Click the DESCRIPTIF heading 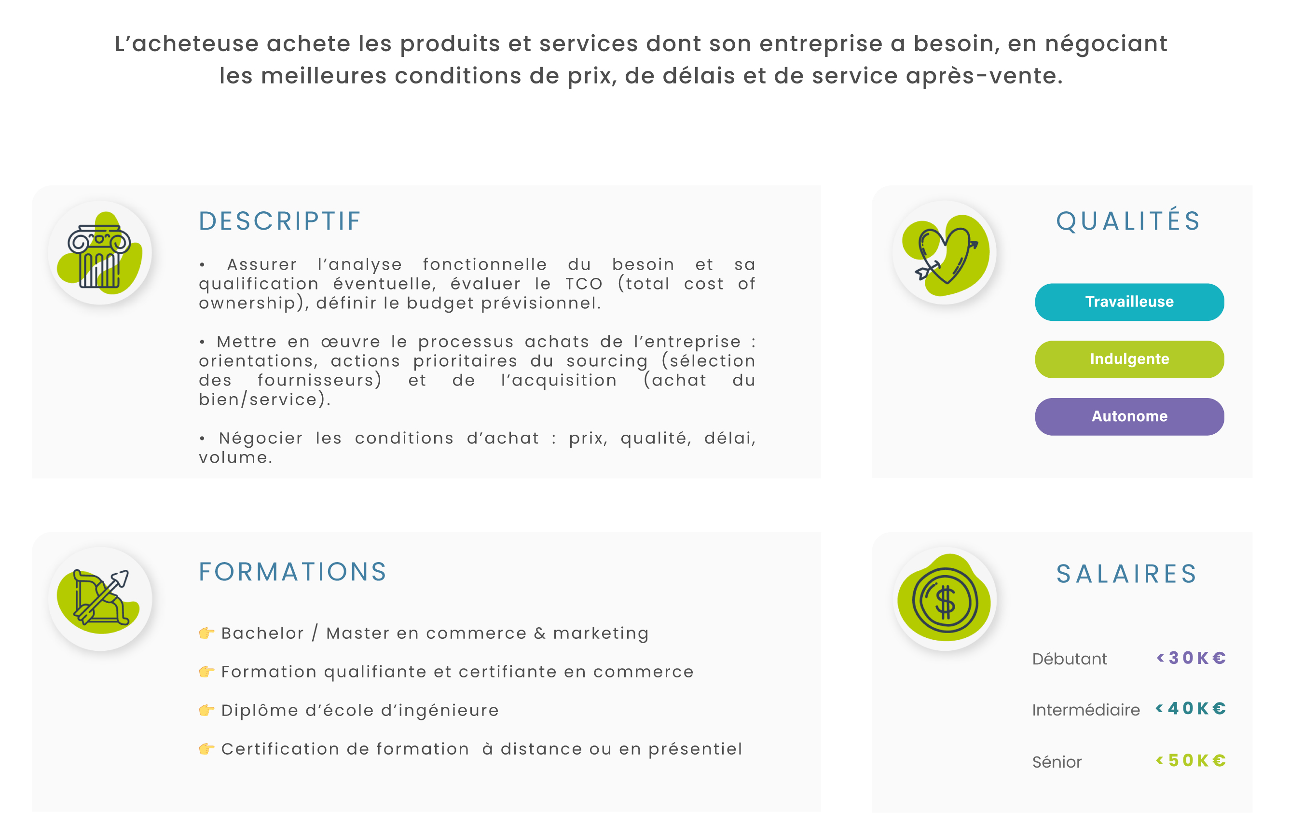(x=279, y=221)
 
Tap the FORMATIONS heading (x=292, y=572)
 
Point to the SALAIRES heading (x=1126, y=574)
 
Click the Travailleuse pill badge (x=1129, y=302)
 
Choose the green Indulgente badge (x=1129, y=359)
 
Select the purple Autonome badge (x=1129, y=417)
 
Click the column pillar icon (x=99, y=256)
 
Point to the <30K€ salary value (x=1191, y=658)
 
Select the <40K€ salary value (x=1190, y=709)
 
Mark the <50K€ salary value (x=1190, y=760)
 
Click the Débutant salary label (x=1069, y=659)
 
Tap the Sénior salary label (x=1057, y=762)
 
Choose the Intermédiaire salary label (x=1086, y=710)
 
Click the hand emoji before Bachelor (x=206, y=633)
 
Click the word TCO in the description (x=584, y=284)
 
